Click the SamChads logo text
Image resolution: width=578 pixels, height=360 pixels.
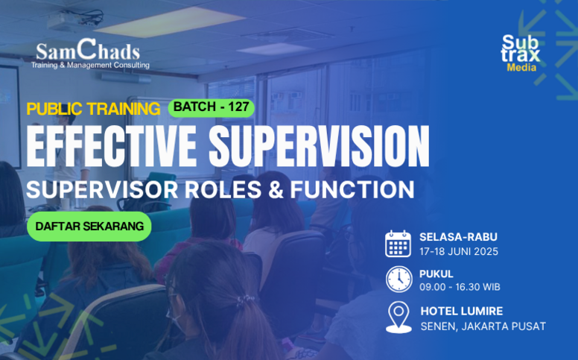88,51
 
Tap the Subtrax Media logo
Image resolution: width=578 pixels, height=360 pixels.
520,53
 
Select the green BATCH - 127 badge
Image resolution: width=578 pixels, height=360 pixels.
212,107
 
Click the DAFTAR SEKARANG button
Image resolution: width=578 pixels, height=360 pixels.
89,227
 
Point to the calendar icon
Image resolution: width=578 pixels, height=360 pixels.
398,244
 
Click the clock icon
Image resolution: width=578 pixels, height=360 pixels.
398,280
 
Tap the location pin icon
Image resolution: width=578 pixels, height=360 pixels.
398,318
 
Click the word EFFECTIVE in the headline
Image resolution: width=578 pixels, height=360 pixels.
111,146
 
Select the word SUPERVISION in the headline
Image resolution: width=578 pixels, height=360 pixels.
320,146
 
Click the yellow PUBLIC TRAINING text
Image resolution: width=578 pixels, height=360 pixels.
93,109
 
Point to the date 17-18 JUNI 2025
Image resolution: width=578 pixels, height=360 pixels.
459,252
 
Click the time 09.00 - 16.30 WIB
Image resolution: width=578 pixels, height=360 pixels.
460,287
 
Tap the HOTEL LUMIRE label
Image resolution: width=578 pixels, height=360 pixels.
462,311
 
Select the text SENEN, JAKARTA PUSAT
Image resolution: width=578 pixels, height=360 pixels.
483,326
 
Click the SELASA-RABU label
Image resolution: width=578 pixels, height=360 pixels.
458,237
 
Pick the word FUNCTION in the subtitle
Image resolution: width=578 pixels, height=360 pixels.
352,189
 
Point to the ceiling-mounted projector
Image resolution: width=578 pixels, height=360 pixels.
75,21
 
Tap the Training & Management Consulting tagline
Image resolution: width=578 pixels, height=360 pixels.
90,66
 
